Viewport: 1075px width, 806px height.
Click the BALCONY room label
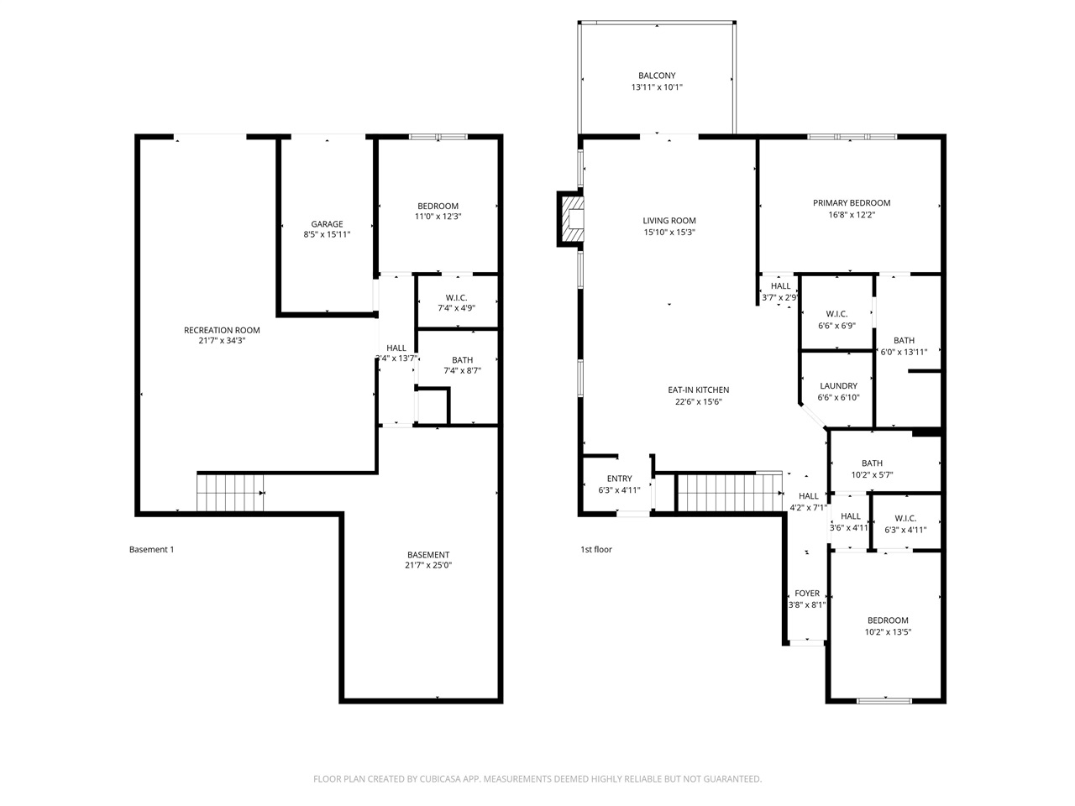click(x=657, y=76)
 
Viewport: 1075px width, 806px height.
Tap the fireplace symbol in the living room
click(x=572, y=219)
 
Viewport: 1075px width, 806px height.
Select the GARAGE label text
click(x=327, y=224)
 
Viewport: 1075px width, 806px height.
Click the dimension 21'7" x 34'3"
click(x=222, y=341)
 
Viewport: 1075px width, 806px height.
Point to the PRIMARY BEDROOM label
click(x=852, y=203)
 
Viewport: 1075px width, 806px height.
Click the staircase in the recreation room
click(x=229, y=492)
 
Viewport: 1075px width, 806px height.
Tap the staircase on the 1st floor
click(x=729, y=492)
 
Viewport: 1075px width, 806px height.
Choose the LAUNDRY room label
click(x=838, y=386)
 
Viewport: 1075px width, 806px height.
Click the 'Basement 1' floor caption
click(x=151, y=550)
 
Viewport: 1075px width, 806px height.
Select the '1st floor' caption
click(x=596, y=550)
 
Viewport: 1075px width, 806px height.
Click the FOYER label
click(x=807, y=594)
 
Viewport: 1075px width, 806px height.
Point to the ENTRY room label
click(x=620, y=479)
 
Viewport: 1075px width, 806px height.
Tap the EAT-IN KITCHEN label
click(x=698, y=390)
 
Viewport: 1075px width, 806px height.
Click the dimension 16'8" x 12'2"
click(x=852, y=215)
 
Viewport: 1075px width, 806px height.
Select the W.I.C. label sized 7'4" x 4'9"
click(x=457, y=298)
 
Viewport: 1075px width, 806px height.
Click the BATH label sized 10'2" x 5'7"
click(x=872, y=463)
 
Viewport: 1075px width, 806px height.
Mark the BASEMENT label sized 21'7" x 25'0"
click(x=428, y=555)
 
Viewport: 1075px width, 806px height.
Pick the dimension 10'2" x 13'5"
click(x=888, y=632)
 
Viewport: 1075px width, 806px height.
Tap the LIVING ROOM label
click(x=669, y=221)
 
